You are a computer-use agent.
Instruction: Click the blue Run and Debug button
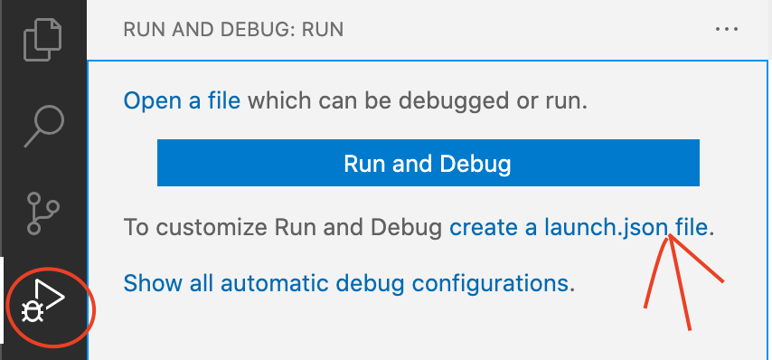[x=428, y=164]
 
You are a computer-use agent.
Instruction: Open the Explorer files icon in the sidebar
[x=43, y=41]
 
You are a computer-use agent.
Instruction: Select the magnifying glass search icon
[x=43, y=124]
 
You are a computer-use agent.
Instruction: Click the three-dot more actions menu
[x=727, y=29]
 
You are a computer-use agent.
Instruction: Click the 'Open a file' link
[x=182, y=99]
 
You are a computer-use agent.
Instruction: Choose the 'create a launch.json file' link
[x=579, y=227]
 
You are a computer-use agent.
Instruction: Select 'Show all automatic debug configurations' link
[x=346, y=282]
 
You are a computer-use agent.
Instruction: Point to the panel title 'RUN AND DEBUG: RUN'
[x=233, y=30]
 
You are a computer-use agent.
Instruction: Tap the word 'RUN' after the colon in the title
[x=324, y=30]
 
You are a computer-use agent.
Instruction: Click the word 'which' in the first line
[x=276, y=99]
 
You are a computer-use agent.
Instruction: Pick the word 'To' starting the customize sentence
[x=136, y=227]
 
